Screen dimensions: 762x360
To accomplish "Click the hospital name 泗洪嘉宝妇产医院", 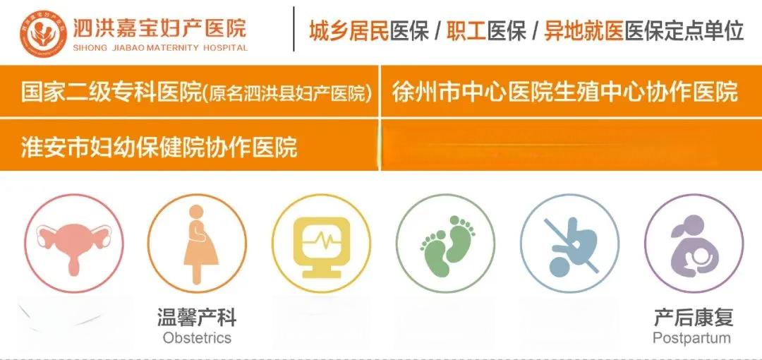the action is pos(160,28).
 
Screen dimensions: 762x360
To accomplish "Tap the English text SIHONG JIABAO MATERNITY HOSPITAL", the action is pos(160,48).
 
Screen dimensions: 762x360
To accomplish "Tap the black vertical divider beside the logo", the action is pos(294,29).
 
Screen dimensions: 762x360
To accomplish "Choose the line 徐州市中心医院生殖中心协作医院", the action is pos(565,92).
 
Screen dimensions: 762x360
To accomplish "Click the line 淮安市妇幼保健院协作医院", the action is pos(159,147).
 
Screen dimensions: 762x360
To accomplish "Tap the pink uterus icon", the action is pos(74,244).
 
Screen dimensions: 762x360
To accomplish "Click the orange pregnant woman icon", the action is pos(198,244).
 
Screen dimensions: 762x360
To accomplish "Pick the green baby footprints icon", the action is pos(446,244).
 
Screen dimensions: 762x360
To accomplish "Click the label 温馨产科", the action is pos(197,318).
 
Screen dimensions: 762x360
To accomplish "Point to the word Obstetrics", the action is pos(197,337).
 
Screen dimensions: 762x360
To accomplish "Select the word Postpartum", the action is pos(692,337).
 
